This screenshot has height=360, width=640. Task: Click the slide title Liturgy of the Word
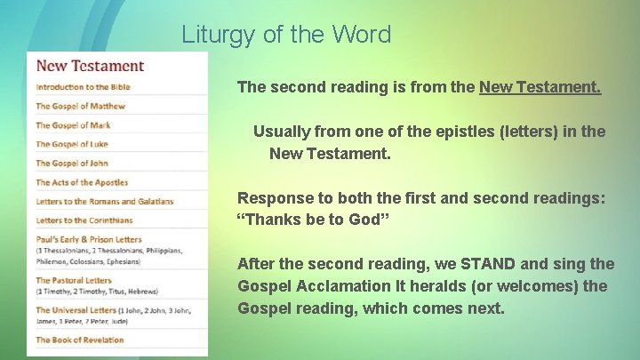[286, 35]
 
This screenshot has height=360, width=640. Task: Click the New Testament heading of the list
[90, 66]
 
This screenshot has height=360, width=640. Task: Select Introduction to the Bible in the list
[83, 87]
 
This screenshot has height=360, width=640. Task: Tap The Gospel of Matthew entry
[80, 107]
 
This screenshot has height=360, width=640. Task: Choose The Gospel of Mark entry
[73, 125]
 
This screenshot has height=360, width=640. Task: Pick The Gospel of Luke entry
[72, 144]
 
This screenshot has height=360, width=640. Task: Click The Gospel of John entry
[72, 164]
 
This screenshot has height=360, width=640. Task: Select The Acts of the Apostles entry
[82, 182]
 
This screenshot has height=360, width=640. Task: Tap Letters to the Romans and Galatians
[104, 202]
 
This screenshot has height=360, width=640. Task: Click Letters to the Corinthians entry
[84, 220]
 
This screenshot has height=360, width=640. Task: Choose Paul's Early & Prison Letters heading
[88, 239]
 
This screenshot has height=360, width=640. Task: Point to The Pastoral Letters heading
[75, 281]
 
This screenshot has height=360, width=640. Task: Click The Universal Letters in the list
[76, 310]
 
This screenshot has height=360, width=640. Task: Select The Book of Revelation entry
[79, 340]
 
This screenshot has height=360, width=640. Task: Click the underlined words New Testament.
[540, 87]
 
